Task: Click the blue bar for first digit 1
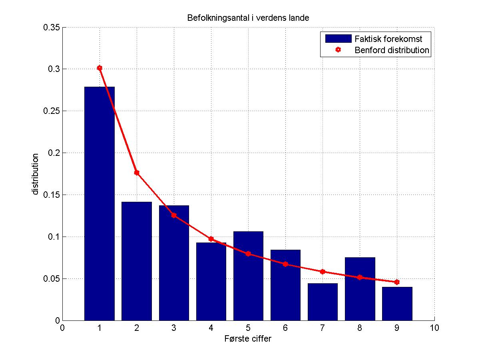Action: (x=100, y=204)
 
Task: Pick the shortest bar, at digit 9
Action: (x=397, y=304)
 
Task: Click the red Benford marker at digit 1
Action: (x=100, y=68)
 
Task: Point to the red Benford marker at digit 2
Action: (x=137, y=173)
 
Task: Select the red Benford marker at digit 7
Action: (x=323, y=272)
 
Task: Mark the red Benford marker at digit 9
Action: (x=397, y=282)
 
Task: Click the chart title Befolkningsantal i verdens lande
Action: (x=248, y=18)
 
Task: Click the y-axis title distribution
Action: (x=36, y=174)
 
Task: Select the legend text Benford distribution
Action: (x=392, y=50)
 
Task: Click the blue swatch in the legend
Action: (x=338, y=39)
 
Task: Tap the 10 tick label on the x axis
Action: (x=434, y=328)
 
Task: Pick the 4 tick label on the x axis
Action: (x=211, y=328)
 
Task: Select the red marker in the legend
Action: (x=339, y=50)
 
